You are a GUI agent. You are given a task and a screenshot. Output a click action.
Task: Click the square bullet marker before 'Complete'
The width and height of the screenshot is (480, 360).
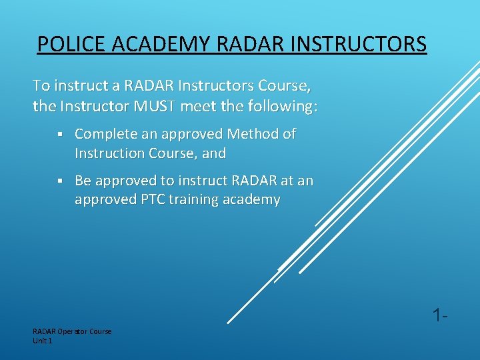click(x=59, y=135)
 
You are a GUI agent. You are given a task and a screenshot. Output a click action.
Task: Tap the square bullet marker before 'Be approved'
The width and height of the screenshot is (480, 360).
click(x=59, y=181)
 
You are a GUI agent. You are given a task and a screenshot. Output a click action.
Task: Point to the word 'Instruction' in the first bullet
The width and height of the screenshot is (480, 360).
click(x=110, y=153)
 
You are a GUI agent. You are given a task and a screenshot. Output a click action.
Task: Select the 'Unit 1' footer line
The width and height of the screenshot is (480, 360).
click(x=42, y=341)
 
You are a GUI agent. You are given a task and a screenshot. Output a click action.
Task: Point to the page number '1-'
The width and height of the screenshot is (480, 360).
click(x=438, y=315)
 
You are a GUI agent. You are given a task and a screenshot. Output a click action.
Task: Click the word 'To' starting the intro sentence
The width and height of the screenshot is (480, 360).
click(x=41, y=86)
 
